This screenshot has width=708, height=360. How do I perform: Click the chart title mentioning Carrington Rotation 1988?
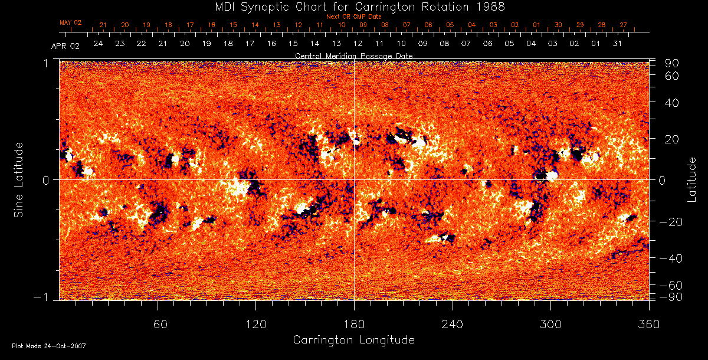(x=354, y=6)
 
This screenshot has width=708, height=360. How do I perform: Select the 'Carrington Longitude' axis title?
(x=353, y=340)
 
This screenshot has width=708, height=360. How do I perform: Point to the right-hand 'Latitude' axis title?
(x=692, y=179)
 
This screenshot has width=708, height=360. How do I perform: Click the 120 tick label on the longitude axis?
(x=256, y=324)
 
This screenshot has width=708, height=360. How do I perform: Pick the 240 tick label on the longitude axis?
(x=453, y=324)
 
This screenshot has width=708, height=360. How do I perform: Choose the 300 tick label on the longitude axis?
(x=551, y=324)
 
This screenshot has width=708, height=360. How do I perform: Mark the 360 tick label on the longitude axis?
(x=649, y=324)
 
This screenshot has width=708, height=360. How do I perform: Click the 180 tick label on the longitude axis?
(x=354, y=324)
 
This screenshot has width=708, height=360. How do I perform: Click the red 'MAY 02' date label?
(x=70, y=22)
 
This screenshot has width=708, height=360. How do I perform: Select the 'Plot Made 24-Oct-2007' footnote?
(x=49, y=346)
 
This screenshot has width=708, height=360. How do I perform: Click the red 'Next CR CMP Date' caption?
(x=353, y=17)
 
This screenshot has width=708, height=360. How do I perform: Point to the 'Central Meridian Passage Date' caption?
(x=353, y=55)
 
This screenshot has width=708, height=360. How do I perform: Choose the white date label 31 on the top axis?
(x=617, y=44)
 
